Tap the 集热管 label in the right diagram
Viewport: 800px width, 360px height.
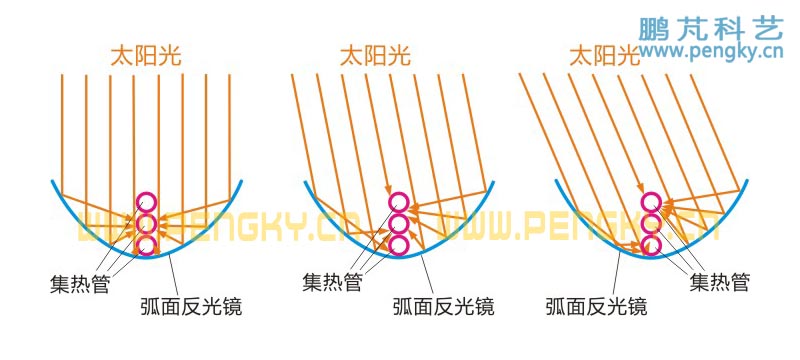719,283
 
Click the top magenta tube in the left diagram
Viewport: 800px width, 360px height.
146,202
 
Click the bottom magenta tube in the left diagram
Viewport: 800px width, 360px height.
146,244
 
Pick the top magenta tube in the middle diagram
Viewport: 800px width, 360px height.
399,202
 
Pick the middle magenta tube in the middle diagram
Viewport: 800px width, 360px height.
399,223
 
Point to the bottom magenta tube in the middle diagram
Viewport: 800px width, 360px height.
399,244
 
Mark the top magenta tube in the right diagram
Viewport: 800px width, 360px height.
652,202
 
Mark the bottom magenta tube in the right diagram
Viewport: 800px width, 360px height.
652,244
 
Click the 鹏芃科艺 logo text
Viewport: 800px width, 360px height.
710,28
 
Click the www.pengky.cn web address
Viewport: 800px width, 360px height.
710,51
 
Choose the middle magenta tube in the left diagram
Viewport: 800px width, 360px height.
146,223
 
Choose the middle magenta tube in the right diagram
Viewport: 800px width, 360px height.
652,223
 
